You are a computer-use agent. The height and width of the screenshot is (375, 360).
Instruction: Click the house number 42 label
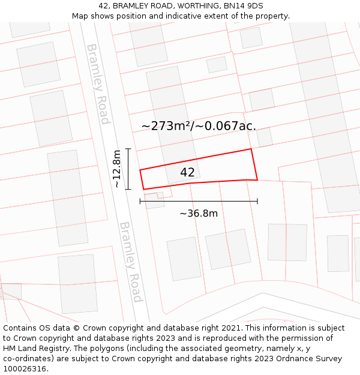tap(187, 172)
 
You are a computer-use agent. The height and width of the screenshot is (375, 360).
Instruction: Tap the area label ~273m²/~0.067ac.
tap(199, 126)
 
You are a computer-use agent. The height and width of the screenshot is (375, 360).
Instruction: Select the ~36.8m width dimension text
tap(199, 213)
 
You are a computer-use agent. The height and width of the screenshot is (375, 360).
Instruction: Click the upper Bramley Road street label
tap(98, 83)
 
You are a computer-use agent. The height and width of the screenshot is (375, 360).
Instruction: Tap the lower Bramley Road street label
tap(131, 262)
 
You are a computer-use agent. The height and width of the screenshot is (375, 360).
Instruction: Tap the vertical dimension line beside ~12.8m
tap(128, 169)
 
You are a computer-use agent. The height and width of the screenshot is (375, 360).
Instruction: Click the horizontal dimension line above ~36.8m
tap(199, 201)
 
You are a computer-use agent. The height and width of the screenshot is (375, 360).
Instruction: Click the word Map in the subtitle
tap(80, 16)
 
